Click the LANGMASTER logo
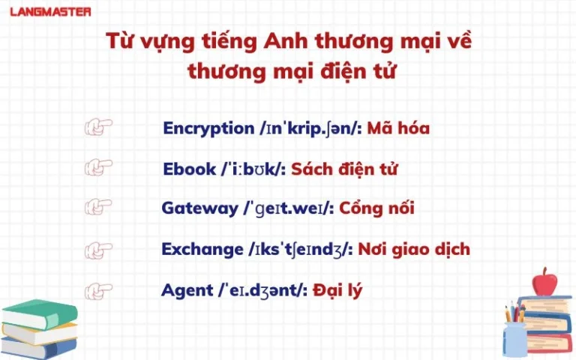[50, 12]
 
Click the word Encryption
[208, 128]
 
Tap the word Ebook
[189, 169]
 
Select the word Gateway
[199, 208]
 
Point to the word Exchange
[202, 249]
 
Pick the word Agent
[187, 290]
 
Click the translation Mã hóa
[398, 127]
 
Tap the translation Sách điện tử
[344, 169]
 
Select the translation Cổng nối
[376, 208]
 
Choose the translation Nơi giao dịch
[414, 249]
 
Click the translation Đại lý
[337, 290]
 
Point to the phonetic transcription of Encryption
[310, 129]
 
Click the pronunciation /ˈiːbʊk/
[253, 169]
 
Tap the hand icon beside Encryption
[98, 127]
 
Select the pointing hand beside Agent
[98, 291]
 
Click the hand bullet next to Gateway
[98, 207]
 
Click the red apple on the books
[544, 282]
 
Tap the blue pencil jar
[515, 339]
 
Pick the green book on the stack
[40, 314]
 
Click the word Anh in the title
[286, 40]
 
